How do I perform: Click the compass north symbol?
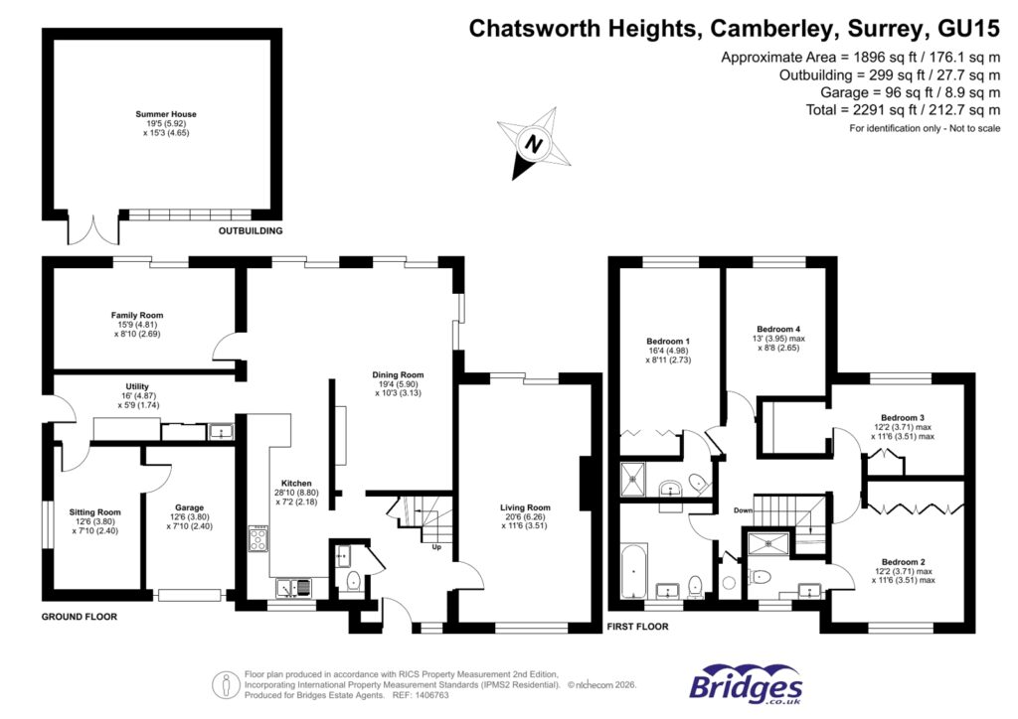(x=536, y=145)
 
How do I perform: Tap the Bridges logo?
(x=746, y=684)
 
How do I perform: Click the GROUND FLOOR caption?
(x=80, y=617)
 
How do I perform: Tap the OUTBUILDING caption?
(x=251, y=230)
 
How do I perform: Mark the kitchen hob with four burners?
(x=258, y=540)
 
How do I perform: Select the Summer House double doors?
(x=89, y=228)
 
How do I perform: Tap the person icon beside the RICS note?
(x=228, y=684)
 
